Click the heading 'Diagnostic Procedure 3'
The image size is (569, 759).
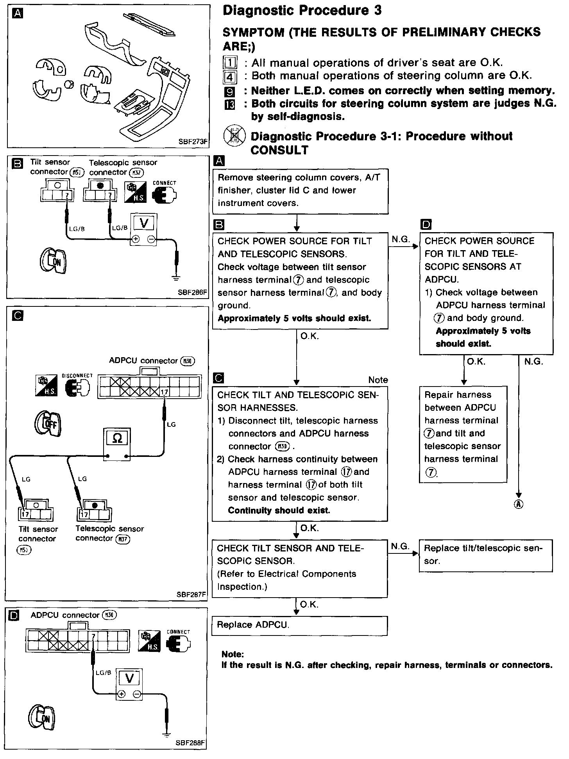[x=302, y=11]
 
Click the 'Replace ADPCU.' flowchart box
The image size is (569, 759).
[x=299, y=626]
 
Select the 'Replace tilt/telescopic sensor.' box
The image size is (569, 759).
[x=486, y=555]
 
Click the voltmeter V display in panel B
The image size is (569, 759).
[x=144, y=224]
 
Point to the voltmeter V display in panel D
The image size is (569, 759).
[x=129, y=679]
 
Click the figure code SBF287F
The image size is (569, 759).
[x=191, y=595]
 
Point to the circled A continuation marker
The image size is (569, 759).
[x=519, y=504]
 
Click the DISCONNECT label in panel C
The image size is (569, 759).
[x=77, y=376]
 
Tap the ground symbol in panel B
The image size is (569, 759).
[x=176, y=278]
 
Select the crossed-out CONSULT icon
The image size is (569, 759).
[x=233, y=137]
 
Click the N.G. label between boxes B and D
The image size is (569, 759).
[x=401, y=239]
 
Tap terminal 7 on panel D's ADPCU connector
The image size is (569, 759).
[x=93, y=637]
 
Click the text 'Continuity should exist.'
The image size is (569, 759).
[x=279, y=510]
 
